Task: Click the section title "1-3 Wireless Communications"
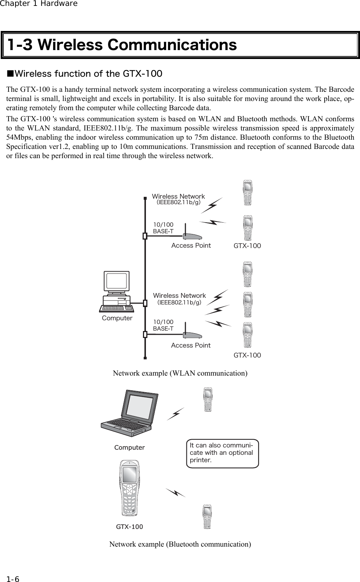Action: tap(122, 45)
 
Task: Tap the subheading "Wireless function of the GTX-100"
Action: tap(85, 74)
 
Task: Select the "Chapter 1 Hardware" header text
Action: tap(39, 4)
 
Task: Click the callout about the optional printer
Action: tap(222, 453)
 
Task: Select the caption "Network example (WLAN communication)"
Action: tap(180, 373)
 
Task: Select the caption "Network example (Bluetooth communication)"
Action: tap(180, 544)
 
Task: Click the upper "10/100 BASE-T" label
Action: tap(163, 228)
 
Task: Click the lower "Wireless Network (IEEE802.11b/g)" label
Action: tap(179, 299)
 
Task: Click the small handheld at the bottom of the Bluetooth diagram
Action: tap(208, 517)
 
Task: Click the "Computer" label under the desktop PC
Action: tap(117, 318)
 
